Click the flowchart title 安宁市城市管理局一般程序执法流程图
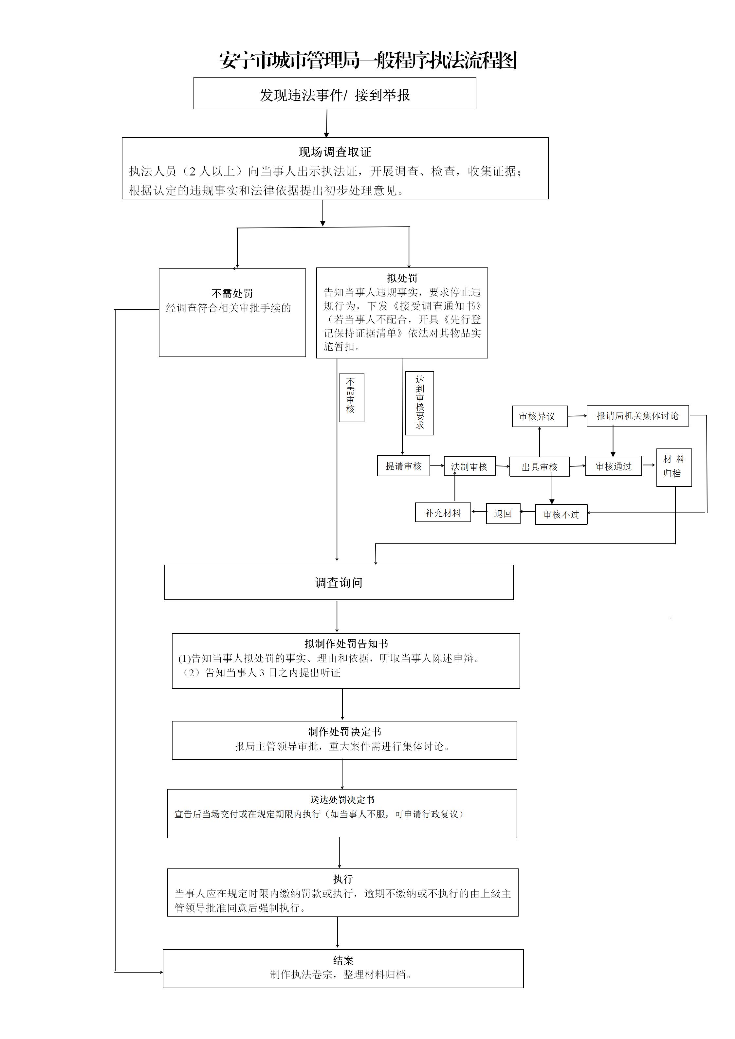(368, 60)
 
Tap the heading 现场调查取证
(335, 152)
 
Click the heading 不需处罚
(232, 294)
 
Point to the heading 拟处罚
(402, 278)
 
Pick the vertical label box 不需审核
(352, 398)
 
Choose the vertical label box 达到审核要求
(419, 403)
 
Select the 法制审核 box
(470, 466)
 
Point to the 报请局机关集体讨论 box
(638, 416)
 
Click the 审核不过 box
(561, 515)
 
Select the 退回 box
(503, 514)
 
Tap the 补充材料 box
(443, 513)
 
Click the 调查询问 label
(339, 582)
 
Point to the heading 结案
(343, 960)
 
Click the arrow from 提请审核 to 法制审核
(437, 465)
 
